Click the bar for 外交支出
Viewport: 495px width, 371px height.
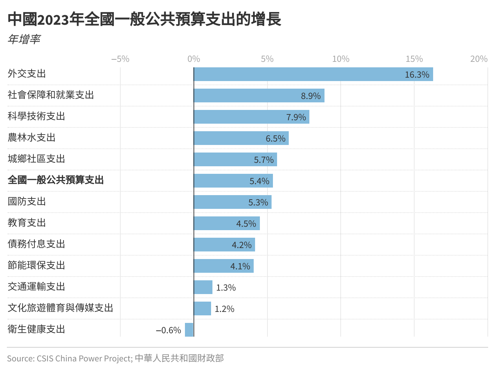(313, 74)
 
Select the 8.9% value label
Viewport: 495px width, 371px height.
(311, 96)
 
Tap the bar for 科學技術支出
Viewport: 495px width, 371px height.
(251, 117)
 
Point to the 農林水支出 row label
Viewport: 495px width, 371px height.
(32, 138)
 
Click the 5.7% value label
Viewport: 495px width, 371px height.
(264, 160)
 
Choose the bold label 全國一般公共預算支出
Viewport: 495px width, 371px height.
(56, 180)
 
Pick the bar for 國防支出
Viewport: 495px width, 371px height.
(232, 202)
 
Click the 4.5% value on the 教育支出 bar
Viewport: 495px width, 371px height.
(246, 224)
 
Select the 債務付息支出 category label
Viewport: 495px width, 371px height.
(36, 244)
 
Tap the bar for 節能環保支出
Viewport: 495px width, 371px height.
(223, 266)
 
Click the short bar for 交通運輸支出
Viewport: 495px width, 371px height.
(203, 287)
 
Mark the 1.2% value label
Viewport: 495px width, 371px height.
(224, 309)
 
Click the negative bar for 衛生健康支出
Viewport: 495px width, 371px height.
(189, 330)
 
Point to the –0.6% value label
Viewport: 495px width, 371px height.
(168, 330)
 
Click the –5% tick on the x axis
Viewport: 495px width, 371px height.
(120, 59)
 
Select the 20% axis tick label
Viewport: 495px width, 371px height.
(479, 59)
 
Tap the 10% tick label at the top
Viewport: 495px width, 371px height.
(341, 59)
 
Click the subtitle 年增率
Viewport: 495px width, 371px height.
(24, 39)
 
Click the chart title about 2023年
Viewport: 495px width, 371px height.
(144, 19)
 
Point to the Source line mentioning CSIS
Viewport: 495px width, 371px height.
(115, 358)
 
